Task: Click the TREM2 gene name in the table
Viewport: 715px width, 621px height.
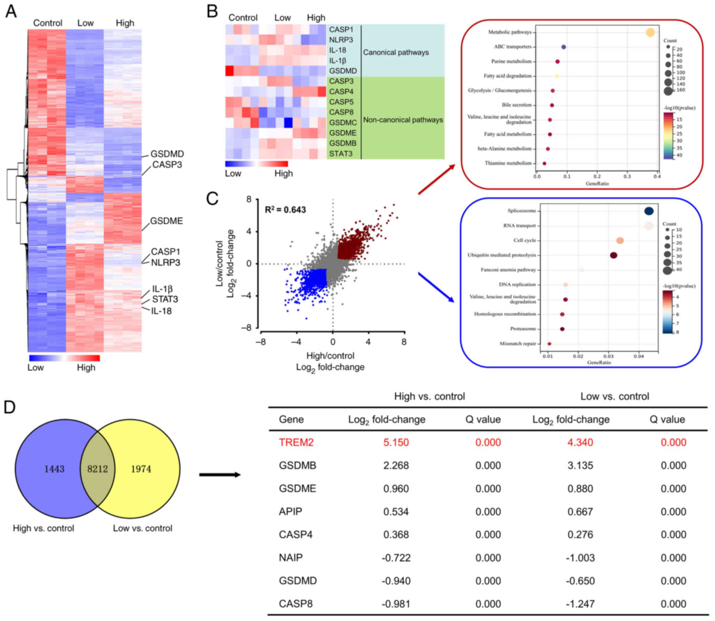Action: point(296,442)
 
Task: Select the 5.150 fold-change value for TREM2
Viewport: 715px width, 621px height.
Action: point(396,442)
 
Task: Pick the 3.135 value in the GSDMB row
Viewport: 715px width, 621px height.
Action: point(580,465)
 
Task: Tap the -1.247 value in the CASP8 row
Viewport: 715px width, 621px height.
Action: point(580,604)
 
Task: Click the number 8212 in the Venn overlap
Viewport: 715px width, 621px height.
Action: point(97,469)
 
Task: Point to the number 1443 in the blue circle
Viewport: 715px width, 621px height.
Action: point(54,469)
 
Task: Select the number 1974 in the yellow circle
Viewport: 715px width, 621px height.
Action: point(141,469)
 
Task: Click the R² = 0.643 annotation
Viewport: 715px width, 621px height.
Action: point(285,210)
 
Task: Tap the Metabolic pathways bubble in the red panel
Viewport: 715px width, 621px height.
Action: point(650,32)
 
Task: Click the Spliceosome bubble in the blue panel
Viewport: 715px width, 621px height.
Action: point(649,211)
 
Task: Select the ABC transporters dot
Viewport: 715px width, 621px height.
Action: point(563,47)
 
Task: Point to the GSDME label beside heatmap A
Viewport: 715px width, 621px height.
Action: point(166,221)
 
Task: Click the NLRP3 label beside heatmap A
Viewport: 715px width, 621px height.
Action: point(165,263)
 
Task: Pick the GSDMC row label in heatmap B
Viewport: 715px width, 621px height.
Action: point(343,123)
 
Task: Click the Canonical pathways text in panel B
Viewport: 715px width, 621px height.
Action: point(396,52)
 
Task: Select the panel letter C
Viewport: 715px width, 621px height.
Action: point(212,199)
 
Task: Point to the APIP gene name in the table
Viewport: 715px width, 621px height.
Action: point(290,512)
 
